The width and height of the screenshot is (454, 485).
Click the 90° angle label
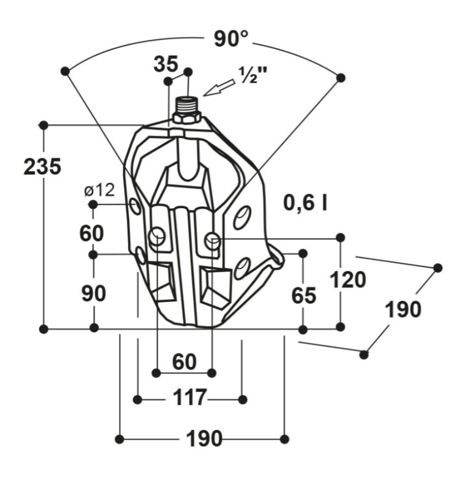[231, 39]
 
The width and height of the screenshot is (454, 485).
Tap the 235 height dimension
[42, 167]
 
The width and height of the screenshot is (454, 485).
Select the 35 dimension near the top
[166, 64]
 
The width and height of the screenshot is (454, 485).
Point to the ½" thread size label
[253, 75]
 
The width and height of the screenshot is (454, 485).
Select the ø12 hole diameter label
[99, 190]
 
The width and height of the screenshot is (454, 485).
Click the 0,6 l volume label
[305, 203]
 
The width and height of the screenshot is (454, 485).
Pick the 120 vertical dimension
[348, 280]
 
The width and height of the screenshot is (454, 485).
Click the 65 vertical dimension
[304, 295]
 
